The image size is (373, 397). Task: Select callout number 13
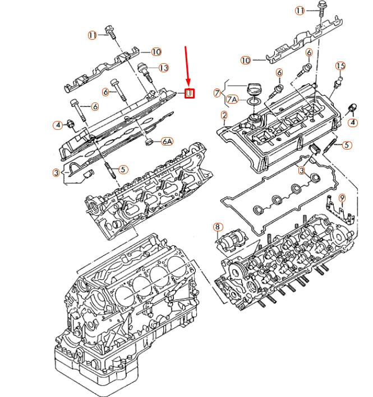(x=163, y=68)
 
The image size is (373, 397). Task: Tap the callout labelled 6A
(x=167, y=142)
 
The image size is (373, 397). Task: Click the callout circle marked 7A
(x=232, y=100)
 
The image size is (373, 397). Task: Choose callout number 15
(x=340, y=66)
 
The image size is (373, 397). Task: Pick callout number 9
(x=342, y=198)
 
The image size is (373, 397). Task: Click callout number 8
(x=217, y=227)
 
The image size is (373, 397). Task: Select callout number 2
(x=224, y=116)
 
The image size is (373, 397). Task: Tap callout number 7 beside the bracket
(x=218, y=92)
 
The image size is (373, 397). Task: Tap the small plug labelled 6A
(x=150, y=140)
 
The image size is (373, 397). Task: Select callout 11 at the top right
(x=300, y=11)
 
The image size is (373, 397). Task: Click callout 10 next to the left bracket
(x=156, y=52)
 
